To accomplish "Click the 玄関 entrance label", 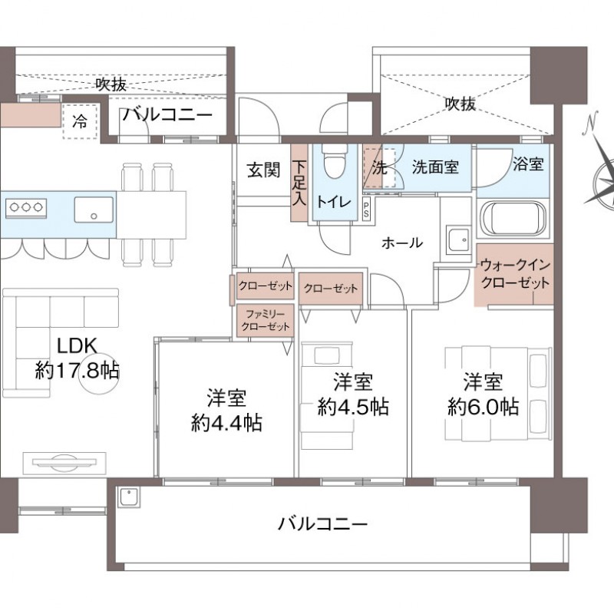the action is (x=263, y=170).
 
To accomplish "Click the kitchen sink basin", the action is (x=94, y=210).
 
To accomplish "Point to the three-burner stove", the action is (x=26, y=208).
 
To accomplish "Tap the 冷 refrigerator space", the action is (x=80, y=122).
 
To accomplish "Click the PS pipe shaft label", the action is (x=367, y=209).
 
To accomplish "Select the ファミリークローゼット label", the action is (x=266, y=320).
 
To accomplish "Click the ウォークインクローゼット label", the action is (x=515, y=274).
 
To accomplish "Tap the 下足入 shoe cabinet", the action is (x=299, y=183).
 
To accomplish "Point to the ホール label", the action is (x=402, y=243).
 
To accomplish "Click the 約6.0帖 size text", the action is (x=484, y=408).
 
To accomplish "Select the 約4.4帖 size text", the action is (x=226, y=423).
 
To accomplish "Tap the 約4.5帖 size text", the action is (x=353, y=408).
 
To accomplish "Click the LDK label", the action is (x=77, y=346).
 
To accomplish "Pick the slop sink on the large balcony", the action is (x=128, y=497).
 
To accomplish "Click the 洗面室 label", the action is (x=435, y=167).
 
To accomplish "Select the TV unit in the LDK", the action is (x=64, y=464).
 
